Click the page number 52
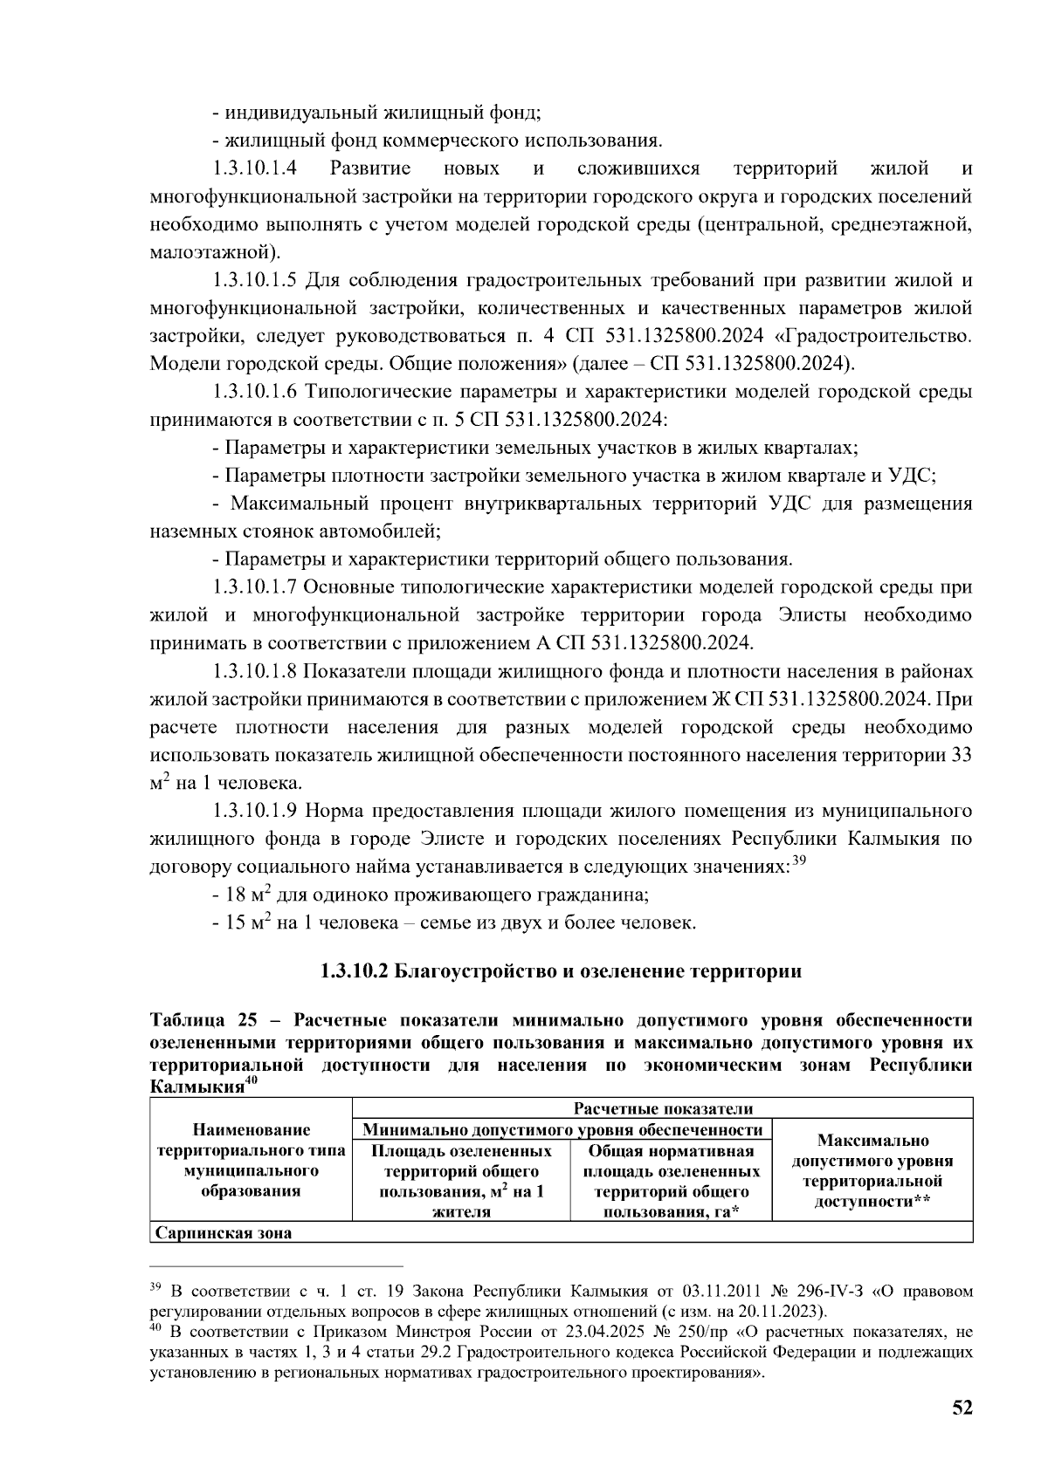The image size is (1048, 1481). click(x=962, y=1408)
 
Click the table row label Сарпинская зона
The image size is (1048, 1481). click(x=223, y=1233)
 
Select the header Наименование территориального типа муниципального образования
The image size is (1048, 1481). click(x=251, y=1161)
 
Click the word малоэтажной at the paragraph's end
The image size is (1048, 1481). click(x=213, y=253)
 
